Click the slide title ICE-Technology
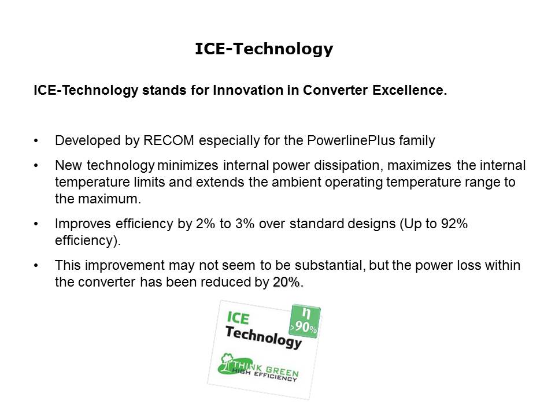tap(264, 50)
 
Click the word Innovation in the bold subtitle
tap(242, 91)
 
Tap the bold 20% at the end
tap(287, 283)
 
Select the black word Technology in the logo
tap(264, 336)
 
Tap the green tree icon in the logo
tap(225, 363)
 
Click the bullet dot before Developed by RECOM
tap(38, 141)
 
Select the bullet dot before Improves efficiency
tap(38, 225)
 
